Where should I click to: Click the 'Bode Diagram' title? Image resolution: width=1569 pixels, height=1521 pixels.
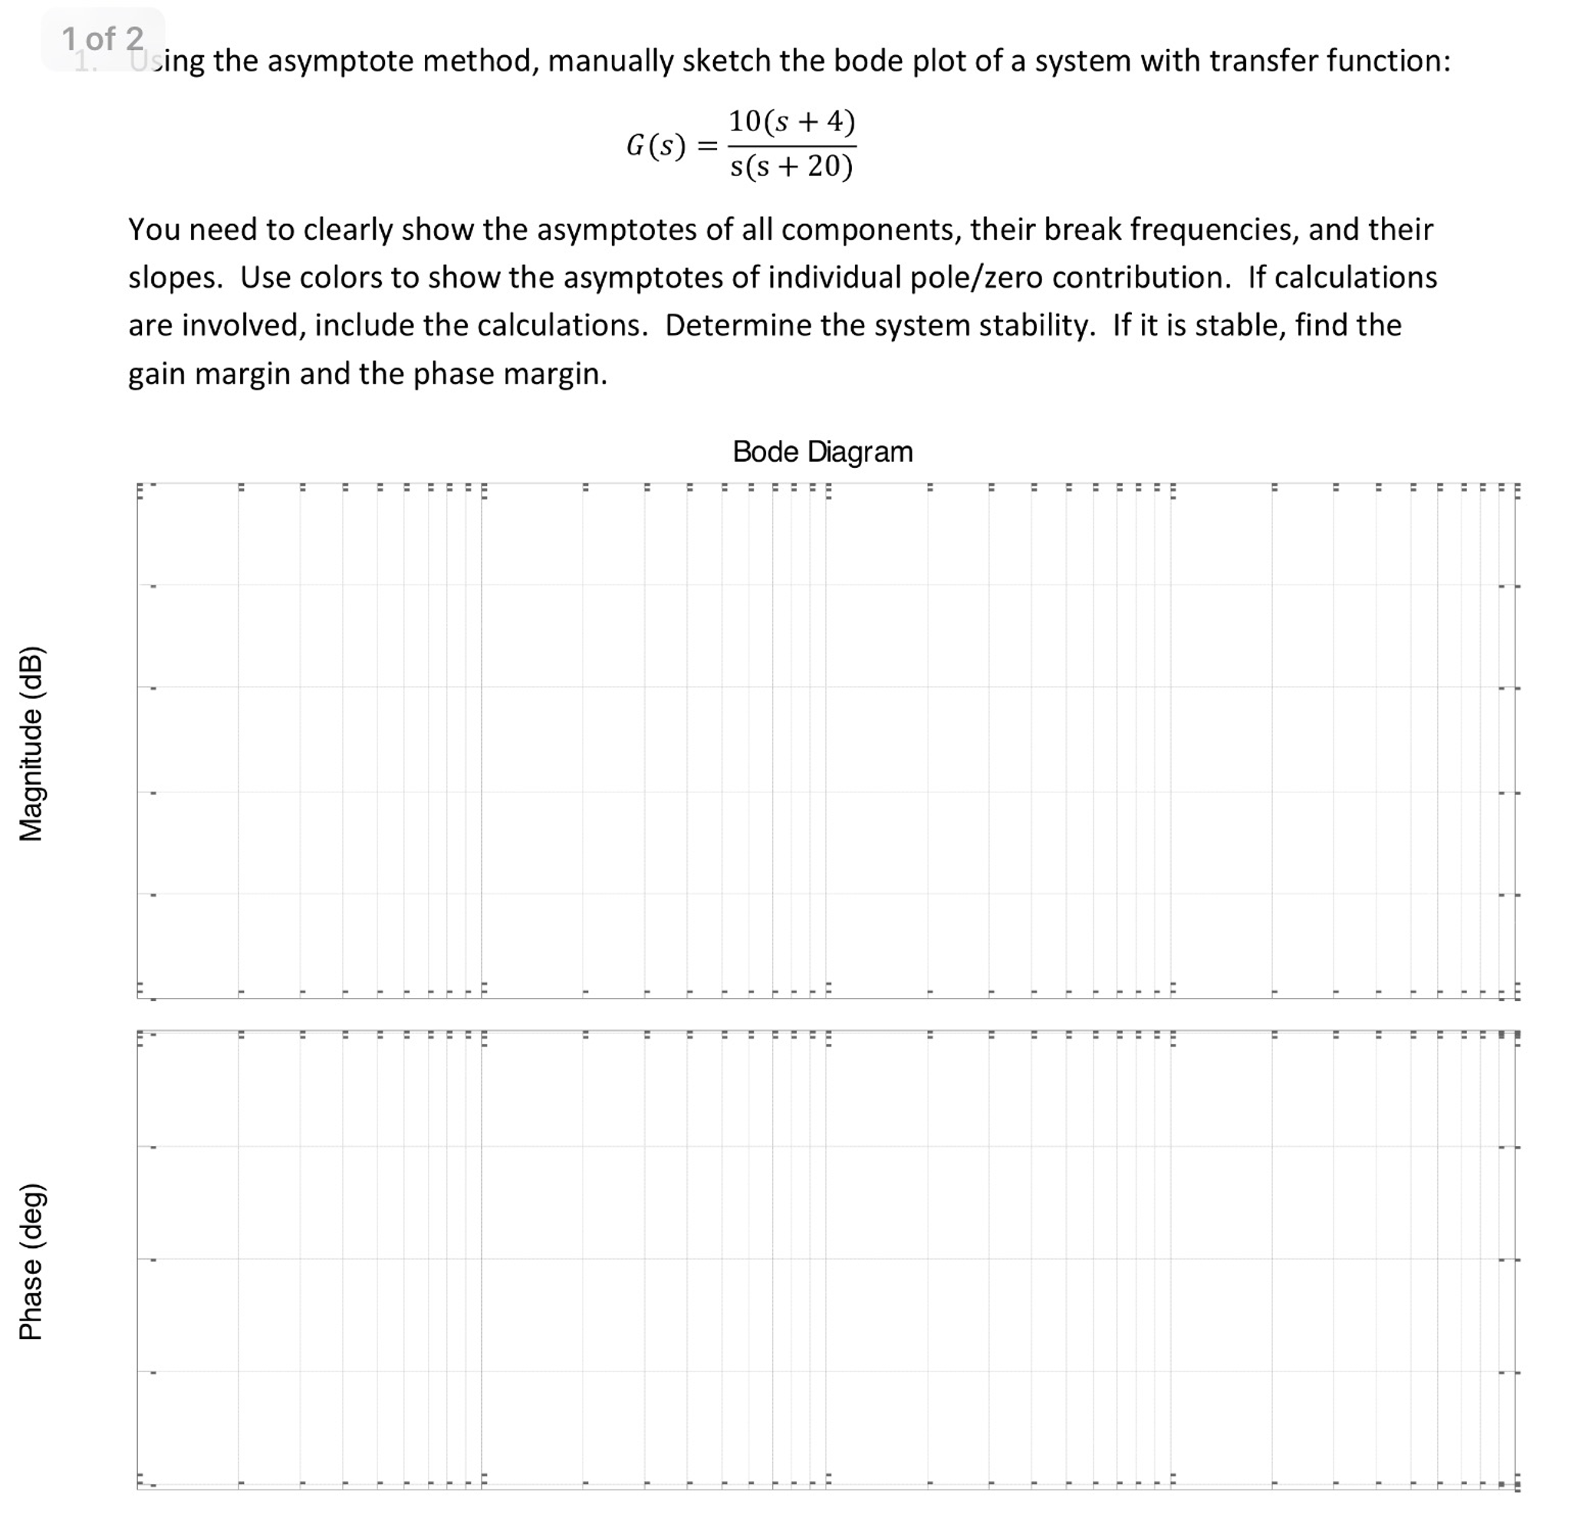coord(822,453)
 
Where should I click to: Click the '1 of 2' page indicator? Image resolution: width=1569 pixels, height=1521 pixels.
coord(103,38)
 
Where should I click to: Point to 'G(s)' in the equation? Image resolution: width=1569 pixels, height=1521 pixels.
coord(656,146)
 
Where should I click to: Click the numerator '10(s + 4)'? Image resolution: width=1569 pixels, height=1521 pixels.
coord(791,122)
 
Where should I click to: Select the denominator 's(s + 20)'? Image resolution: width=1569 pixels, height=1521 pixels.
coord(791,166)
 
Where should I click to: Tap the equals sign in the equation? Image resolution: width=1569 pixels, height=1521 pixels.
coord(707,147)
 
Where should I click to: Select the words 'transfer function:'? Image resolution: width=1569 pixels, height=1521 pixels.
coord(1330,61)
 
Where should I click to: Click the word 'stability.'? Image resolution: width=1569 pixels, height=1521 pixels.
coord(1037,326)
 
